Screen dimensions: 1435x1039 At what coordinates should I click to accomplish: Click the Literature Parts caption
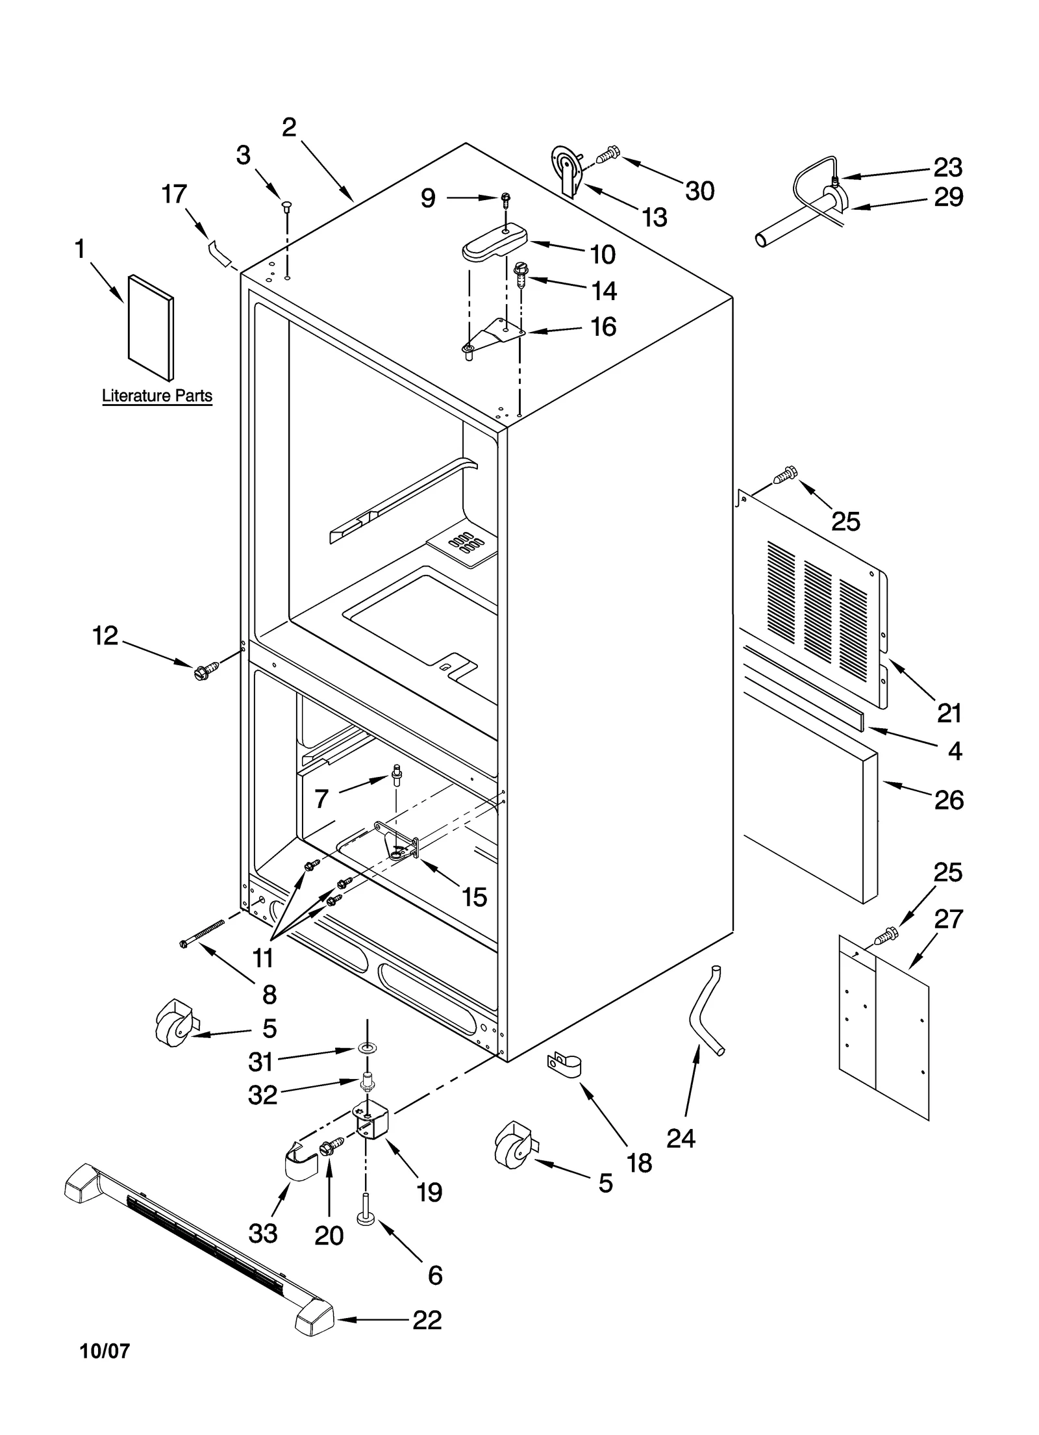pyautogui.click(x=157, y=396)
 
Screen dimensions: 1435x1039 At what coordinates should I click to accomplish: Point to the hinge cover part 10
pyautogui.click(x=494, y=242)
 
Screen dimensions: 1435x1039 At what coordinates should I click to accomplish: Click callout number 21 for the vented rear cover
pyautogui.click(x=949, y=713)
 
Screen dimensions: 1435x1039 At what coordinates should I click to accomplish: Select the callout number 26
pyautogui.click(x=949, y=800)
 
